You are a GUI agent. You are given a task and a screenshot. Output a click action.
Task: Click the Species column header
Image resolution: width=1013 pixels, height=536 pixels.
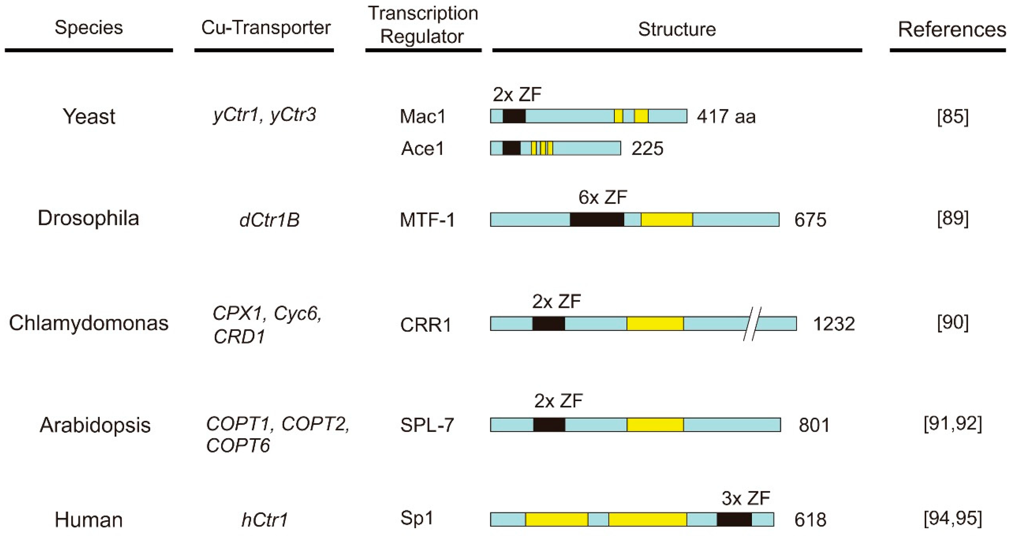click(x=88, y=27)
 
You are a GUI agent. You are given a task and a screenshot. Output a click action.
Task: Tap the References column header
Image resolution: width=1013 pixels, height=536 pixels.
click(x=952, y=30)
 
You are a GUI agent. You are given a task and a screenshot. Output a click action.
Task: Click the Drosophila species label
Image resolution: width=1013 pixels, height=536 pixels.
click(x=88, y=218)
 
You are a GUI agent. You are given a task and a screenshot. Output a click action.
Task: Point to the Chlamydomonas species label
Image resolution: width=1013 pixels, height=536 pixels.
click(x=88, y=323)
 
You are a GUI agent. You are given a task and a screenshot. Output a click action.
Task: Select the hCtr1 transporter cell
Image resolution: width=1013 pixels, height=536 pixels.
click(x=264, y=520)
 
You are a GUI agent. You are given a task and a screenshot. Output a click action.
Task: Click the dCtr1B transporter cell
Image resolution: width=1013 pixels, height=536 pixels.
click(x=269, y=220)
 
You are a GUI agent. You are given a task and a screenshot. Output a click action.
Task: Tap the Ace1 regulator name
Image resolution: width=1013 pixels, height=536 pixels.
click(x=422, y=148)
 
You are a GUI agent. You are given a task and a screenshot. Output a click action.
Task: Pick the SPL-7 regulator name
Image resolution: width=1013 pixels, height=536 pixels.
click(x=427, y=425)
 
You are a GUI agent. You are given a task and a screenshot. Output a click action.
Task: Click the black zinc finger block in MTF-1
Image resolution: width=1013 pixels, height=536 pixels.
click(x=596, y=220)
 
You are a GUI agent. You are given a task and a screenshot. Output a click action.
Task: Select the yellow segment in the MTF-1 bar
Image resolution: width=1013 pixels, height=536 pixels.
click(x=667, y=220)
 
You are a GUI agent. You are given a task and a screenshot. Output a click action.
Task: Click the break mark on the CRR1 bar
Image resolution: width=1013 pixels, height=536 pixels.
click(x=752, y=323)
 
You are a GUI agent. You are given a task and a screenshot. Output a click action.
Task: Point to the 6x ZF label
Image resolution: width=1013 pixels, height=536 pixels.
click(x=602, y=197)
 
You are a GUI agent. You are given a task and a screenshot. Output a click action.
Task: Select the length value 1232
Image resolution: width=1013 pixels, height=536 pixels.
click(x=834, y=324)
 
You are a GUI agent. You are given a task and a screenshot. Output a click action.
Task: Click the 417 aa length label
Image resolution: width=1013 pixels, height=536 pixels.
click(x=726, y=117)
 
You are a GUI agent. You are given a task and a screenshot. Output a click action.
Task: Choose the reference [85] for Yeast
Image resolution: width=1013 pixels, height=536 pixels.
click(x=953, y=117)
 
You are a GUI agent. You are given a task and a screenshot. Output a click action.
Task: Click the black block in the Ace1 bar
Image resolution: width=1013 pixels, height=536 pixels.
click(x=511, y=148)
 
